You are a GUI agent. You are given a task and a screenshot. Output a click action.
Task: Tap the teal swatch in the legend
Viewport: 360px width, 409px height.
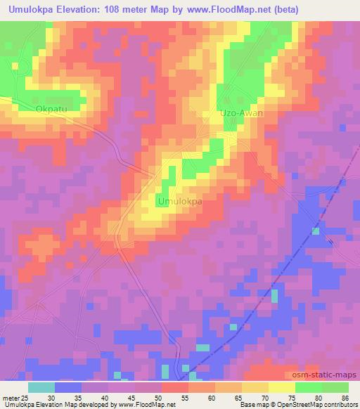41,387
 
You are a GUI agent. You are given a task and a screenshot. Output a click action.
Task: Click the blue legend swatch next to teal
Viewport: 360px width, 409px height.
68,387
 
